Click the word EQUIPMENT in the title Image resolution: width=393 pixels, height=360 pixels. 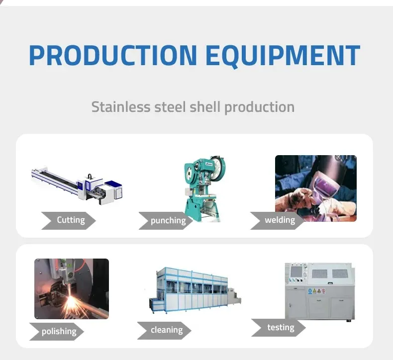283,55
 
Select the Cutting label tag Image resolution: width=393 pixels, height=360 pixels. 70,220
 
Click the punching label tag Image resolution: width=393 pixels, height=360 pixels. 168,221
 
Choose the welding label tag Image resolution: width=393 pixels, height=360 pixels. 280,220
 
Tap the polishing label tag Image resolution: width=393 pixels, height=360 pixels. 59,331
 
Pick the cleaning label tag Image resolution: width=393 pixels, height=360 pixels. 166,330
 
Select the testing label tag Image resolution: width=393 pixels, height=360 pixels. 280,327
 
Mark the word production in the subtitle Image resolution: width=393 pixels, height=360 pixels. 260,107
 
